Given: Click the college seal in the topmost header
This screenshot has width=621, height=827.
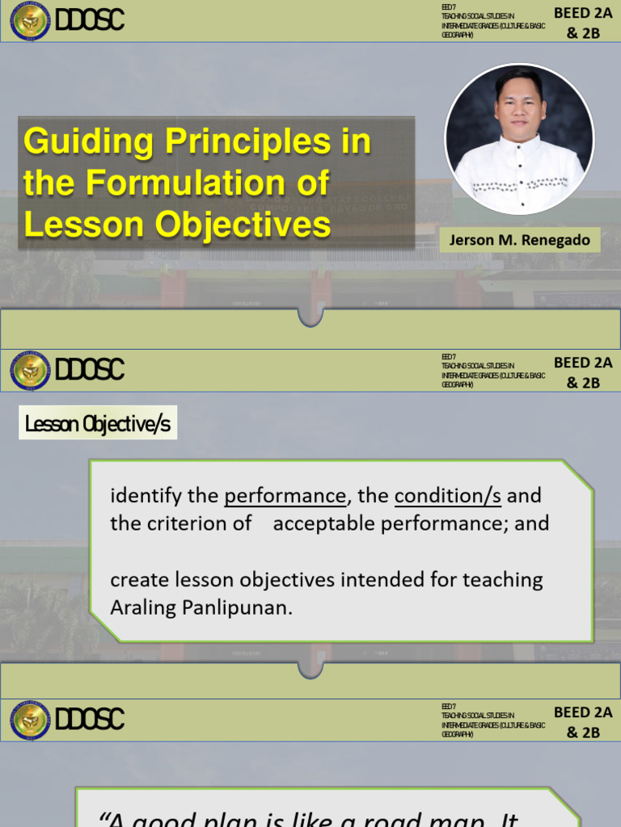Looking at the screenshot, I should coord(30,21).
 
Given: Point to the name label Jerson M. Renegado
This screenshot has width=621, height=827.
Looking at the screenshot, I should coord(520,240).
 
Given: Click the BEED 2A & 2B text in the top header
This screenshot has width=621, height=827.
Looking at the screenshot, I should coord(583,21).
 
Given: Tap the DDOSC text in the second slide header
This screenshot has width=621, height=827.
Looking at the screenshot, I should coord(89,370).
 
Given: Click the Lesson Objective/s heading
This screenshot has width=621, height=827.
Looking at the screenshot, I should coord(98,424).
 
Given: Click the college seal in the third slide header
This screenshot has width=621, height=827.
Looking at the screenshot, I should coord(30,720).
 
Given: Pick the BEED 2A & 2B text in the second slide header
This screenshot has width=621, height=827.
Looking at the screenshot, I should coord(583,372).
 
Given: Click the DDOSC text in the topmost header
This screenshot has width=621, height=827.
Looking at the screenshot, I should coord(89,20).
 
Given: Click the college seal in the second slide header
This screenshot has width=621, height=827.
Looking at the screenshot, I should coord(30,371).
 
